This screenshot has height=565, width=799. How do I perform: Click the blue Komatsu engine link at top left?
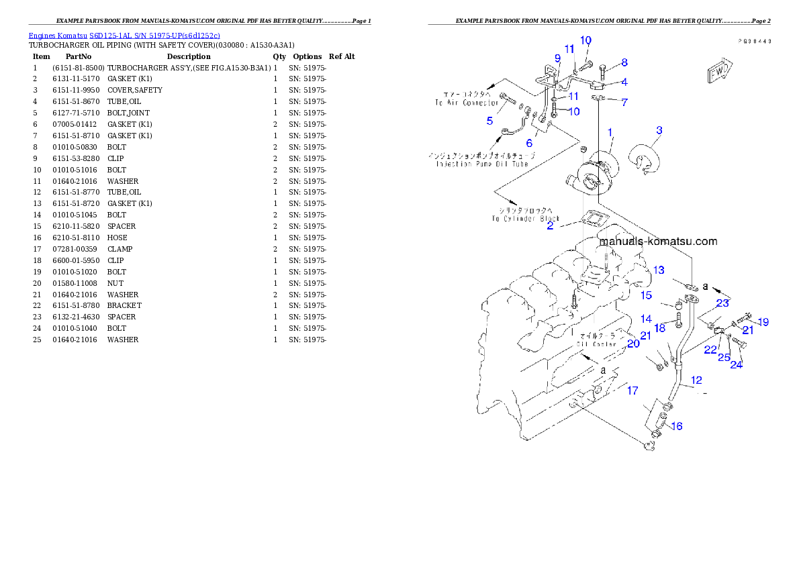tap(124, 36)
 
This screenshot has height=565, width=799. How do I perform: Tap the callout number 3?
tap(659, 130)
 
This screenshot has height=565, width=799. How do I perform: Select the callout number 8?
tap(624, 63)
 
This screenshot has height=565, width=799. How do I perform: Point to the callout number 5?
tap(490, 121)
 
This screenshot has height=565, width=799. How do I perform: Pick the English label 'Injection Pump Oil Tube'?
tap(482, 164)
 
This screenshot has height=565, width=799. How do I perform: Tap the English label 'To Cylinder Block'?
tap(525, 219)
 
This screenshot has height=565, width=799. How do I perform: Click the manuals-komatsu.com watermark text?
tap(658, 242)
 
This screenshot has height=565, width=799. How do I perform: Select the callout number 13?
tap(659, 270)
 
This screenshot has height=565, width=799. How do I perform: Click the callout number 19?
tap(763, 321)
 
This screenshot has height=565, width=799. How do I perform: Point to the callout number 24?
tap(737, 364)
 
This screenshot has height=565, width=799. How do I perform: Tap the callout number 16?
tap(676, 426)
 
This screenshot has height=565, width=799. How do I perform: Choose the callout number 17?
tap(632, 391)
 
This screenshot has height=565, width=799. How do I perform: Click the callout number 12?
tap(696, 380)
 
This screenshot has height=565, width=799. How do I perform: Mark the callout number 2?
tap(550, 226)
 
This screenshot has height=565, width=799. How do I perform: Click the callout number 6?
tap(529, 143)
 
